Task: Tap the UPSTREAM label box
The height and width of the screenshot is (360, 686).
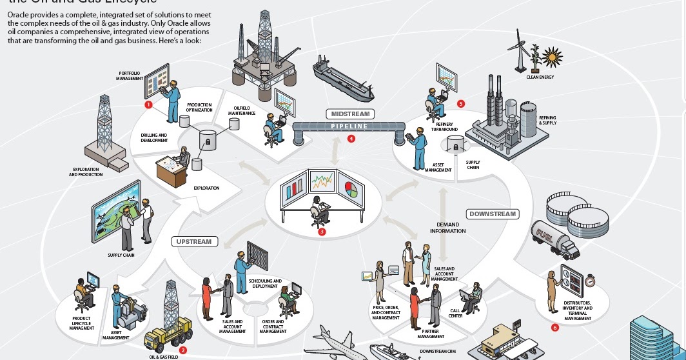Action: (x=194, y=242)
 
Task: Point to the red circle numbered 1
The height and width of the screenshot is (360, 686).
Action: (x=148, y=104)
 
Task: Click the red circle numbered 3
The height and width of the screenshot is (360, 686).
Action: (x=321, y=231)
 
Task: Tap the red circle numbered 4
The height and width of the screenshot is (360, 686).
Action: (x=351, y=138)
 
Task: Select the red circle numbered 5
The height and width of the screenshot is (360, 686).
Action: (x=460, y=103)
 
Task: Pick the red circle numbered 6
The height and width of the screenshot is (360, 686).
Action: (x=555, y=328)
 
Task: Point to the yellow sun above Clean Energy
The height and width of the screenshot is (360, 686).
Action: (x=552, y=55)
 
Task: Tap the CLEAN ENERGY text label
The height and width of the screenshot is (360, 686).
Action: (x=540, y=77)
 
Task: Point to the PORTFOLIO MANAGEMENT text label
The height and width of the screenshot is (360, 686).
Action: (x=130, y=75)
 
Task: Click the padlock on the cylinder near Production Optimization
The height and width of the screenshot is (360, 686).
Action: (x=208, y=137)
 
